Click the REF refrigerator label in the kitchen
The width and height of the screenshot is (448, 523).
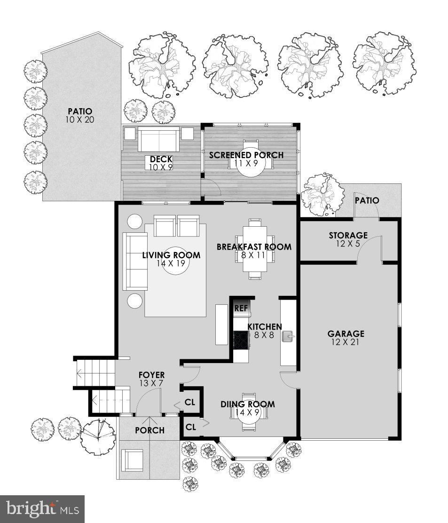tap(241, 309)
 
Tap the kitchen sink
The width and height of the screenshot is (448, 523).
tap(288, 336)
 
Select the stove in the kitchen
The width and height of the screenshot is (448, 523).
tap(241, 340)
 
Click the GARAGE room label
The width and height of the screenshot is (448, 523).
tap(346, 334)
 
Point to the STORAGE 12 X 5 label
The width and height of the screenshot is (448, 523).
tap(348, 239)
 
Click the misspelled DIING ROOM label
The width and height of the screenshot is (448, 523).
tap(248, 404)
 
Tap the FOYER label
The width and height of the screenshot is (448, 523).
tap(151, 375)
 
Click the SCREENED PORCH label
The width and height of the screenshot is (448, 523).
tap(246, 155)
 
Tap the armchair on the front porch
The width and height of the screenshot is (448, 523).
tap(133, 460)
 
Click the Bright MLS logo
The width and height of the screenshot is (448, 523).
tap(42, 508)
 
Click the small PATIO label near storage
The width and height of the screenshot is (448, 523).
tap(367, 200)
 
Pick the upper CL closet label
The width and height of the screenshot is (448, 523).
tap(190, 403)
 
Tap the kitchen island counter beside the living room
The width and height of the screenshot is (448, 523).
tap(221, 325)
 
